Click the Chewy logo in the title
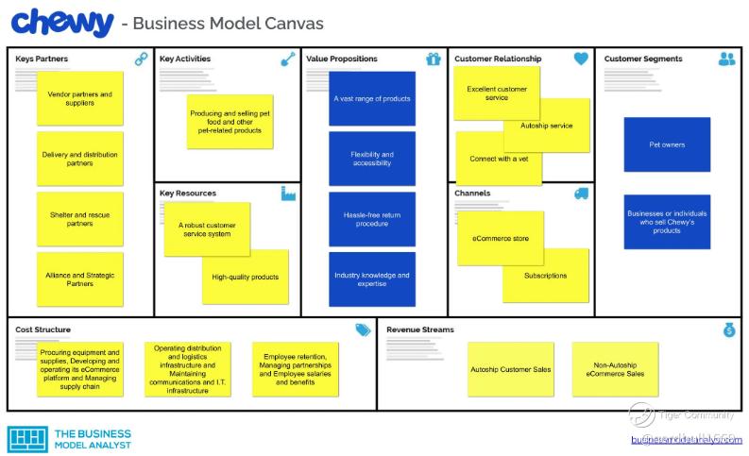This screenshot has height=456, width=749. pyautogui.click(x=61, y=22)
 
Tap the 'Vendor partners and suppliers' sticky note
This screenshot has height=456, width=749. pyautogui.click(x=80, y=98)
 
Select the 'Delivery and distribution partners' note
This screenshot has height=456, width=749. pyautogui.click(x=80, y=159)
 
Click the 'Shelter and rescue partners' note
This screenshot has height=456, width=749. pyautogui.click(x=80, y=219)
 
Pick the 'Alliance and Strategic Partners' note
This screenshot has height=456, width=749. pyautogui.click(x=80, y=279)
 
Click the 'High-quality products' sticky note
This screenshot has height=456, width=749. pyautogui.click(x=246, y=277)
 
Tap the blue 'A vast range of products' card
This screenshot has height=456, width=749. pyautogui.click(x=372, y=98)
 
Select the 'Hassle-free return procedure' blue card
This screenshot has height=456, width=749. pyautogui.click(x=372, y=219)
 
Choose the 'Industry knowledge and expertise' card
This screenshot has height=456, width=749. pyautogui.click(x=372, y=279)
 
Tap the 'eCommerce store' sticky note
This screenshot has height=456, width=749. pyautogui.click(x=500, y=238)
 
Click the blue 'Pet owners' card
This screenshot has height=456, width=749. pyautogui.click(x=667, y=144)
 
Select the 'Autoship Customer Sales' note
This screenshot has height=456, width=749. pyautogui.click(x=510, y=369)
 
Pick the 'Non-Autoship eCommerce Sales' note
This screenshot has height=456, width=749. pyautogui.click(x=615, y=369)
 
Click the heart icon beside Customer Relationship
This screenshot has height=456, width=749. pyautogui.click(x=581, y=59)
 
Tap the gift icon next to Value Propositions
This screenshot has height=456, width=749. pyautogui.click(x=434, y=59)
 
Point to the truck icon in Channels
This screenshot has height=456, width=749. pyautogui.click(x=581, y=194)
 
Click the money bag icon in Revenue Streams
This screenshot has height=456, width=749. pyautogui.click(x=729, y=329)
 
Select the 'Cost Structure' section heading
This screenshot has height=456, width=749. pyautogui.click(x=43, y=329)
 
